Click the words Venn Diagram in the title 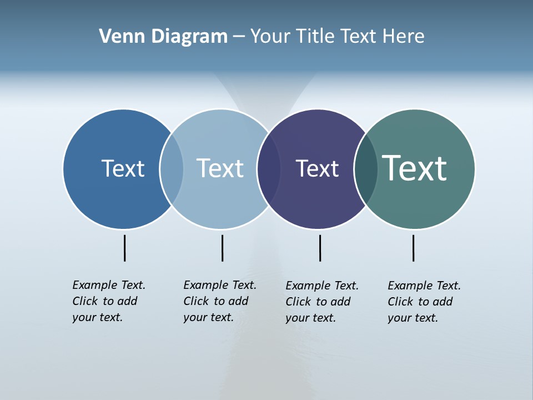[163, 37]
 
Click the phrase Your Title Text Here [337, 37]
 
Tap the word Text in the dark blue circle [123, 168]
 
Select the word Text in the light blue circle [220, 168]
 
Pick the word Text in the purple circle [317, 169]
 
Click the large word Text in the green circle [415, 168]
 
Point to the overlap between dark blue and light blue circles [172, 169]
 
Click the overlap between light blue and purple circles [269, 169]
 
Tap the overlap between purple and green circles [366, 169]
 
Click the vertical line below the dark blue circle [124, 248]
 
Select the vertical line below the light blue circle [222, 248]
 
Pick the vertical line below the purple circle [320, 248]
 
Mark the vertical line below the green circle [413, 248]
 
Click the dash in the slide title [238, 37]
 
